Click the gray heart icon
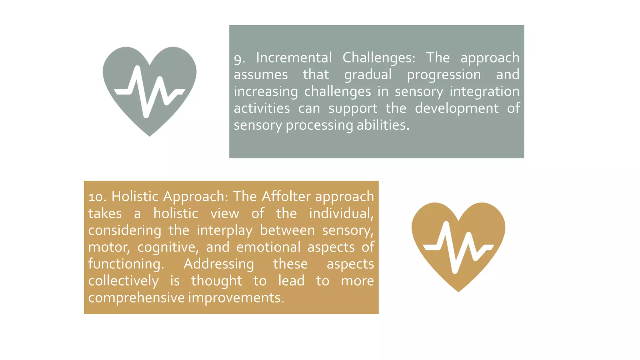pos(149,91)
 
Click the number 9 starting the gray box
pos(239,58)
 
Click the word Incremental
pos(294,58)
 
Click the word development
pos(457,108)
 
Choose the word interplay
pos(224,231)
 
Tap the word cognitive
pos(168,247)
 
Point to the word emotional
pos(268,247)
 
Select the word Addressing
pos(219,264)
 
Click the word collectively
pos(123,281)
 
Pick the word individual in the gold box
pos(341,214)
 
